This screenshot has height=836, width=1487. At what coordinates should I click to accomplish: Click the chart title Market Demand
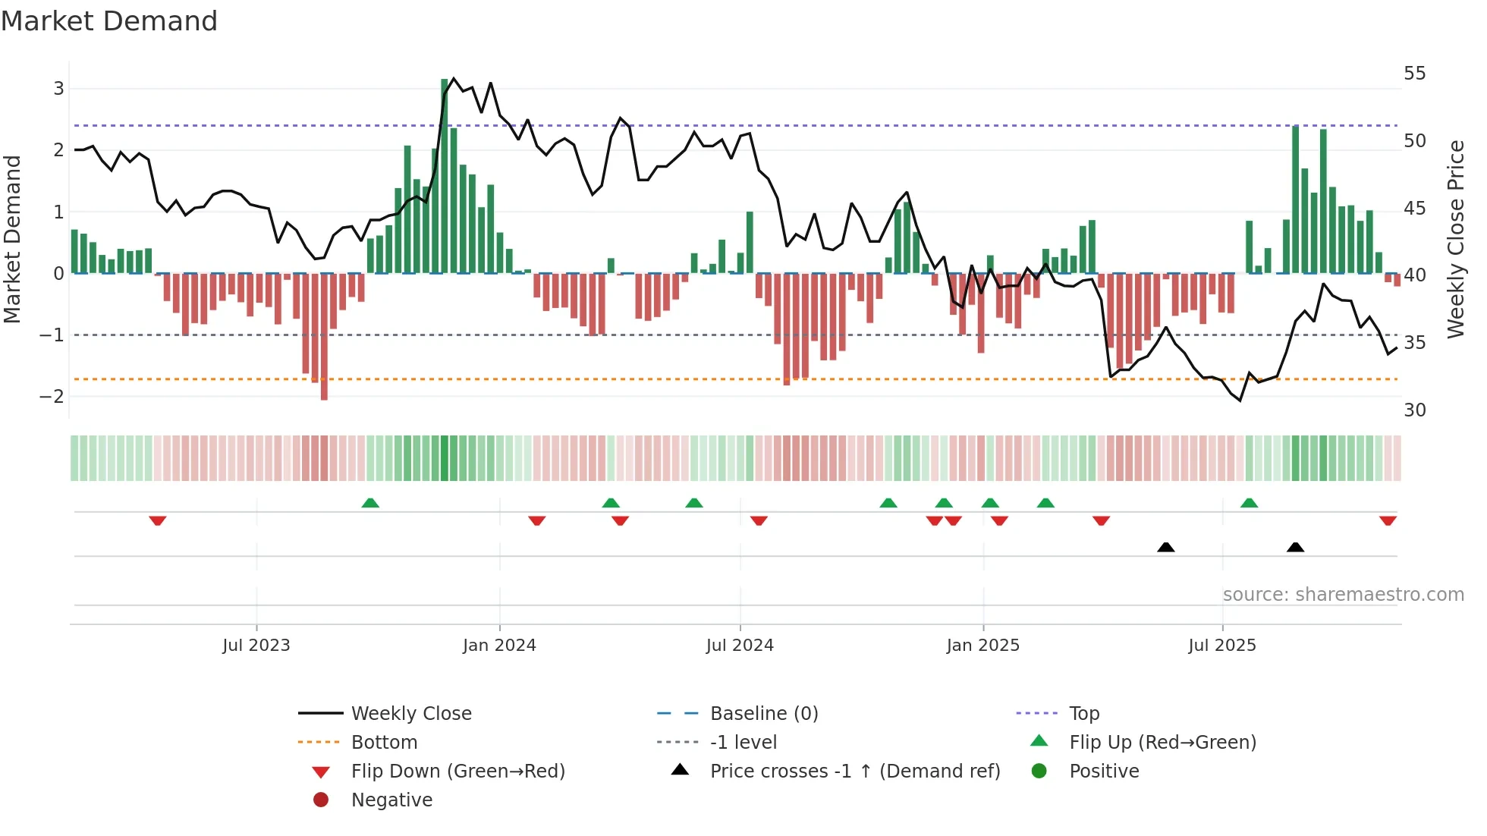pos(109,21)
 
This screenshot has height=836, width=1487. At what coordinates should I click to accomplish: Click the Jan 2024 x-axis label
pos(499,646)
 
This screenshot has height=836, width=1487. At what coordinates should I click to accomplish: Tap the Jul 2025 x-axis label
pos(1221,646)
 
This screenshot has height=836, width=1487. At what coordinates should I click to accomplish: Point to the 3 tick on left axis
pos(58,89)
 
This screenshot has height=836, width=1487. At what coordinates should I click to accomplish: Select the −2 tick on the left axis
pos(52,397)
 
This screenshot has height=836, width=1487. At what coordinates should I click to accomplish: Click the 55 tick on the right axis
pos(1414,74)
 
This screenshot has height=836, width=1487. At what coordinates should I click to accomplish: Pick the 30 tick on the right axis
pos(1414,410)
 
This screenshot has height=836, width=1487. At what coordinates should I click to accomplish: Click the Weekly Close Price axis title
pos(1455,239)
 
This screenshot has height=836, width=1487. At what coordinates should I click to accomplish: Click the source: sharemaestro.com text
pos(1343,595)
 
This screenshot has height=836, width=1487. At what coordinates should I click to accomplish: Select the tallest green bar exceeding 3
pos(445,174)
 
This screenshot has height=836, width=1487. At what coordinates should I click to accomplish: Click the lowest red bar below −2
pos(324,338)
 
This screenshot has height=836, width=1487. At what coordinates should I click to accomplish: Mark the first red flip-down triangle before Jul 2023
pos(158,520)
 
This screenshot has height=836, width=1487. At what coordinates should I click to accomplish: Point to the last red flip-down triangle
pos(1388,520)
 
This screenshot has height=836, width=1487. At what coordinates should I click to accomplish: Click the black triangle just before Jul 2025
pos(1166,547)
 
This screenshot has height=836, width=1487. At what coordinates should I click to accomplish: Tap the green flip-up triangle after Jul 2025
pos(1249,503)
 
